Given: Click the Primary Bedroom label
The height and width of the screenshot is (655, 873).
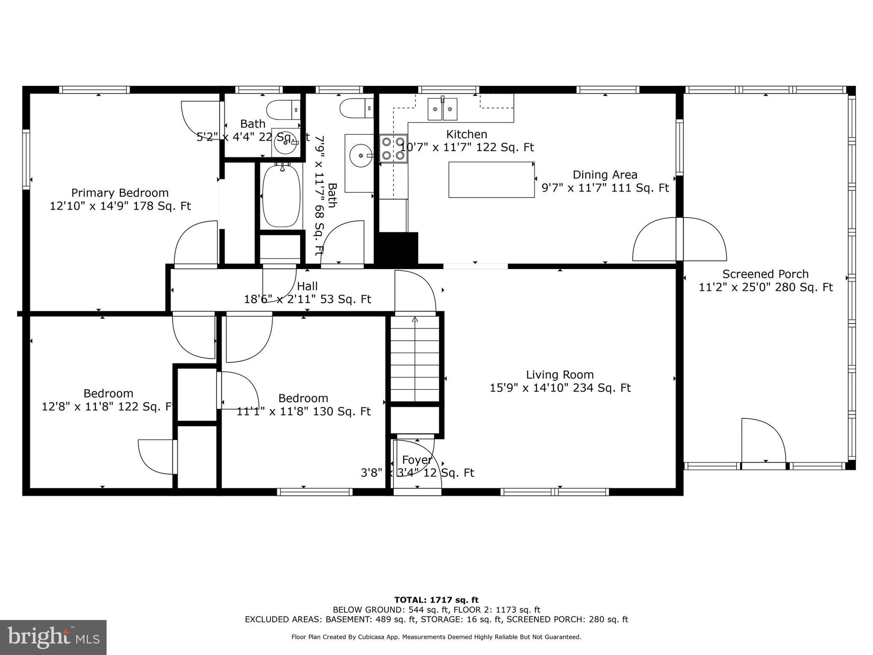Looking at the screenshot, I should [120, 193].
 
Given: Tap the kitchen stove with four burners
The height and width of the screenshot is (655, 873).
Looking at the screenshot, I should [393, 148].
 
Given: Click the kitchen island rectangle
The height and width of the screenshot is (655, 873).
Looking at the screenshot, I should [491, 180].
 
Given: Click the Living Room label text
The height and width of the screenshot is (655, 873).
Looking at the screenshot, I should [559, 375].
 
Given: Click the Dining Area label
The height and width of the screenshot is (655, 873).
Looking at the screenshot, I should [604, 175].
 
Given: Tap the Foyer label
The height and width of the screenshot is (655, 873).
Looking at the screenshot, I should [417, 460].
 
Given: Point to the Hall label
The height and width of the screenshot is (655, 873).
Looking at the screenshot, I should [307, 286].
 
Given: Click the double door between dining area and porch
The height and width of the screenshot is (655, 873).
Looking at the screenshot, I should [679, 239].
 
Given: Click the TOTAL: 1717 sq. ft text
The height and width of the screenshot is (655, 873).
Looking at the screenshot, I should [436, 600].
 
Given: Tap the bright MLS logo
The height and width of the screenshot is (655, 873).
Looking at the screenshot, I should [53, 637].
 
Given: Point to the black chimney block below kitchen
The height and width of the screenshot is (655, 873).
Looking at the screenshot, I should [398, 248].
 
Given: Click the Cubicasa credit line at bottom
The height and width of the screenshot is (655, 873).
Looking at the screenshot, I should [436, 637].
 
